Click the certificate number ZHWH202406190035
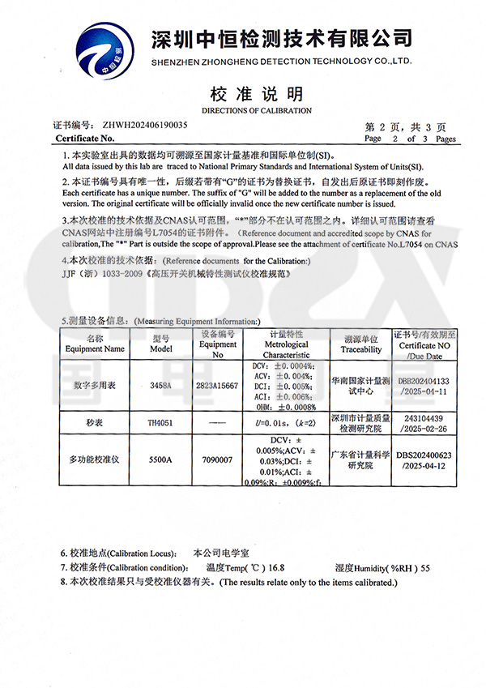pos(145,126)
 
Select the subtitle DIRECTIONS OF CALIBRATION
pos(256,110)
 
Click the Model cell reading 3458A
pos(161,386)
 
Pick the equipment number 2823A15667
pos(217,386)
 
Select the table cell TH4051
pos(161,422)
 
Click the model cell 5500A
pos(161,459)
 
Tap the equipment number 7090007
pos(217,459)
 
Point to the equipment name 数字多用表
pos(96,386)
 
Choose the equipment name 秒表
pos(96,422)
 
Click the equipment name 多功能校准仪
pos(96,459)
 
